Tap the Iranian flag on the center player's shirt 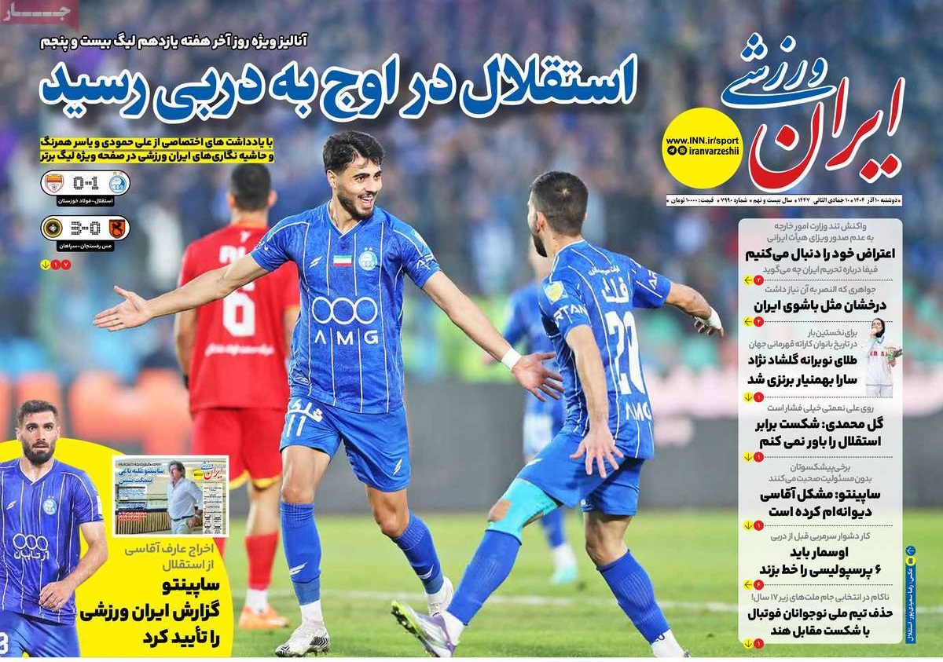point(342,260)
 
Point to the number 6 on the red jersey point(237,312)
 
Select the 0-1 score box point(86,184)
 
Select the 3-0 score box point(86,229)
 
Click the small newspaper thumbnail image point(170,495)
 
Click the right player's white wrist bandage point(712,319)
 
